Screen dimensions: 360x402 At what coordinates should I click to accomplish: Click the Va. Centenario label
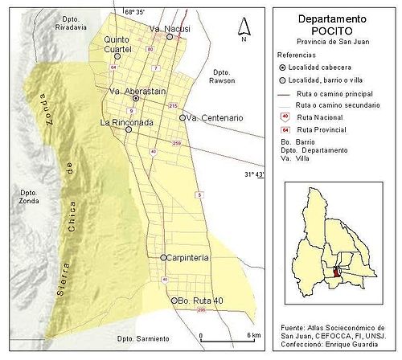click(215, 118)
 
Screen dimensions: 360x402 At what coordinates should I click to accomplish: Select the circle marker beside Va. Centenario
click(183, 118)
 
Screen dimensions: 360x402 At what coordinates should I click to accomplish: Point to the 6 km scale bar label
click(253, 335)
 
